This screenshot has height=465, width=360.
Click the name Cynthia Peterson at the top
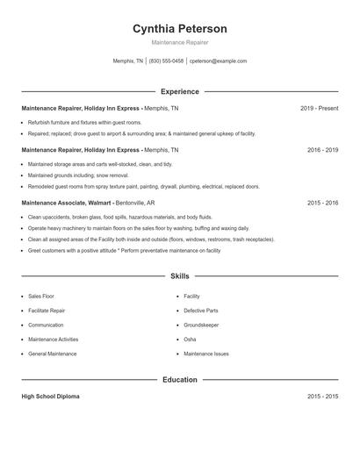pyautogui.click(x=179, y=28)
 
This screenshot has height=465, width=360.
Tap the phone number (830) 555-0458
pyautogui.click(x=167, y=61)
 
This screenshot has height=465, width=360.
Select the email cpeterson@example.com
pyautogui.click(x=219, y=61)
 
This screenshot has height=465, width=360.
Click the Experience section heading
pyautogui.click(x=180, y=91)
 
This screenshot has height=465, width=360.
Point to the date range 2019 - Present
pyautogui.click(x=319, y=109)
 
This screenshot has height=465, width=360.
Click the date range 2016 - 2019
pyautogui.click(x=322, y=150)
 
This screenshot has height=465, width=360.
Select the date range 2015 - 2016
pyautogui.click(x=322, y=203)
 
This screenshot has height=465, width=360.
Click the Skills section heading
pyautogui.click(x=180, y=275)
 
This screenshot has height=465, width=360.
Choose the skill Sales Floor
pyautogui.click(x=41, y=297)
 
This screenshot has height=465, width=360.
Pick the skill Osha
pyautogui.click(x=190, y=339)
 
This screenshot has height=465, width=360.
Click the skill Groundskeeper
pyautogui.click(x=202, y=325)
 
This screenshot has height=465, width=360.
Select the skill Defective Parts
pyautogui.click(x=201, y=311)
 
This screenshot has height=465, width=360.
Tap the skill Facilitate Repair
pyautogui.click(x=47, y=311)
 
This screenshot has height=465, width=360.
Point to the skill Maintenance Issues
pyautogui.click(x=206, y=354)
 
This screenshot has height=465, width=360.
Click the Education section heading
pyautogui.click(x=180, y=380)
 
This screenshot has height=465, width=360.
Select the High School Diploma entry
pyautogui.click(x=50, y=397)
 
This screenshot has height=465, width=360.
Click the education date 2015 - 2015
pyautogui.click(x=322, y=397)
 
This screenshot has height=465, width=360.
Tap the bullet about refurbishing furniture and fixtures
pyautogui.click(x=84, y=122)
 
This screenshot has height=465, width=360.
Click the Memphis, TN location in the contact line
pyautogui.click(x=128, y=61)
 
